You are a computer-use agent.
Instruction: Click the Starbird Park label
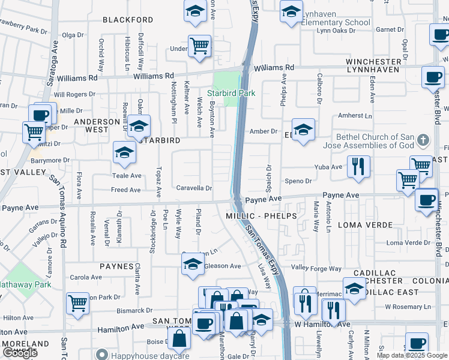(x=231, y=93)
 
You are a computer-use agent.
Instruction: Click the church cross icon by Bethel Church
(x=423, y=140)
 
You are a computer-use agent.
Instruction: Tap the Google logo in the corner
(x=19, y=353)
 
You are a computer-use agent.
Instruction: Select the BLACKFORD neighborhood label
(x=128, y=20)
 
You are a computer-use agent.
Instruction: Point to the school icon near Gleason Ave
(x=193, y=264)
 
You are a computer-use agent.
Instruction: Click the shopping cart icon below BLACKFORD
(x=199, y=46)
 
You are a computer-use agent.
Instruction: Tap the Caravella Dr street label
(x=194, y=188)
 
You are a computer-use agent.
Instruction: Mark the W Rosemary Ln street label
(x=408, y=307)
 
